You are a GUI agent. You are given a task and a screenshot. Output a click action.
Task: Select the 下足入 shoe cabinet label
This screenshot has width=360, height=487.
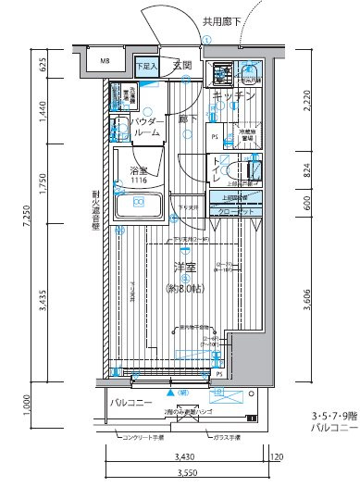point(145,67)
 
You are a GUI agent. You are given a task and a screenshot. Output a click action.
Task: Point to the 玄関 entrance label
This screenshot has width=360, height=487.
point(181,66)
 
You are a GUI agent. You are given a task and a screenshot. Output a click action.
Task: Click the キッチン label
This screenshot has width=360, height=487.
point(233,96)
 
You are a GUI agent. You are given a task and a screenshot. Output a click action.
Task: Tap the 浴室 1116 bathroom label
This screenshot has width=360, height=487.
point(139,175)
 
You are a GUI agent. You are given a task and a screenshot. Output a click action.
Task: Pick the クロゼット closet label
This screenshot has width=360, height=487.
point(238,212)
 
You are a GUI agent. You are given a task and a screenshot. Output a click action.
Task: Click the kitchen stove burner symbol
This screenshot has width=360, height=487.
point(219,69)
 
